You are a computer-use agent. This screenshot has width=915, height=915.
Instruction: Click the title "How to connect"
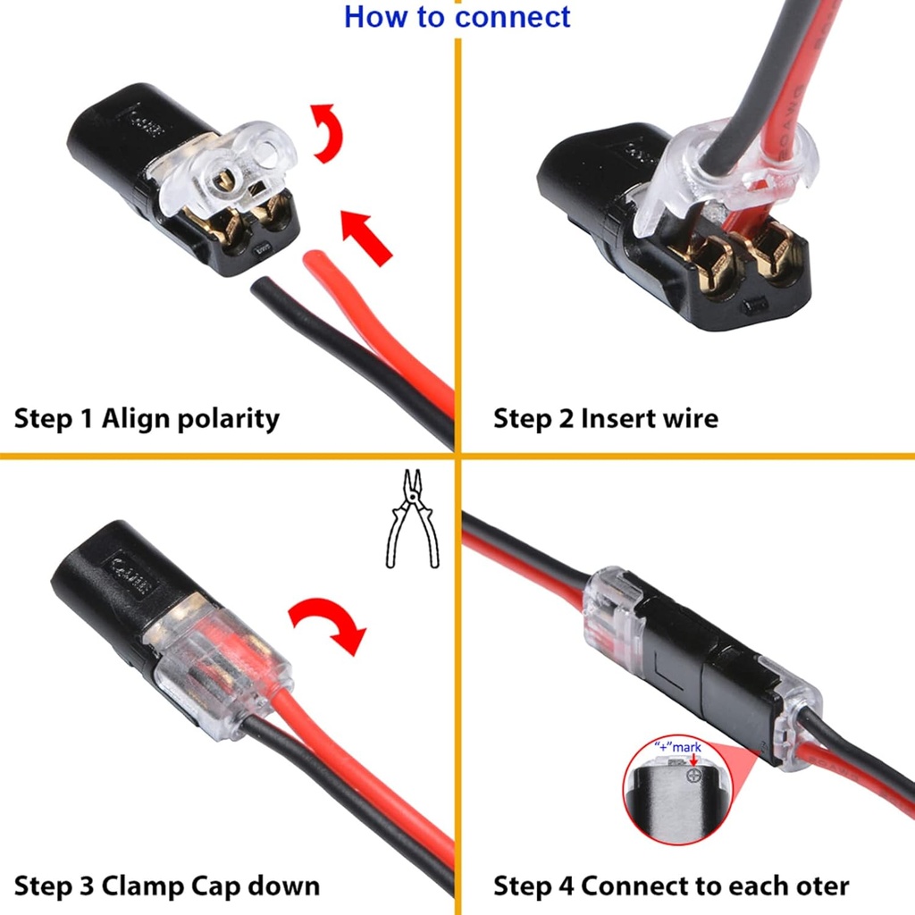(x=457, y=17)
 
